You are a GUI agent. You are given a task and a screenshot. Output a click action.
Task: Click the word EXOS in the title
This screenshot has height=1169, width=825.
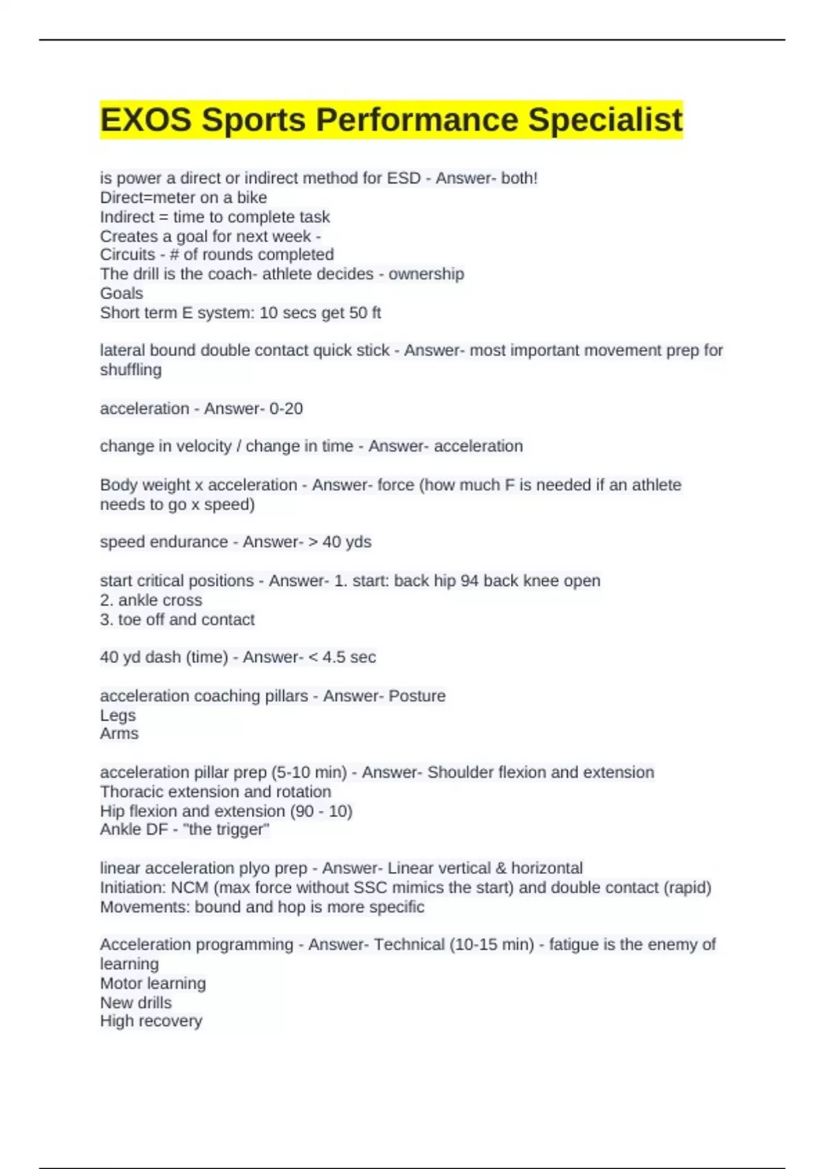pyautogui.click(x=144, y=120)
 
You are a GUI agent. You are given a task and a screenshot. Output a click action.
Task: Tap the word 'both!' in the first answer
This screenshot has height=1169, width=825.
pyautogui.click(x=519, y=178)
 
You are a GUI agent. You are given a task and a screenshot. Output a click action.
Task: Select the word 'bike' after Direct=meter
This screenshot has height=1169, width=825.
pyautogui.click(x=252, y=197)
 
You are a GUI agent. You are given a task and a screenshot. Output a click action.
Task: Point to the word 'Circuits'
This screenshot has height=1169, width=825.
pyautogui.click(x=127, y=254)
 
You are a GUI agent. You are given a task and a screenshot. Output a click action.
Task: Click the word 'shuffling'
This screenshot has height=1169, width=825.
pyautogui.click(x=131, y=370)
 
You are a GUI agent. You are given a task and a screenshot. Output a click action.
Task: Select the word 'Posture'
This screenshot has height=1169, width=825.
pyautogui.click(x=417, y=696)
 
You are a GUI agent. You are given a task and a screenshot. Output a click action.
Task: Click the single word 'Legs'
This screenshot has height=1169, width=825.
pyautogui.click(x=118, y=715)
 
